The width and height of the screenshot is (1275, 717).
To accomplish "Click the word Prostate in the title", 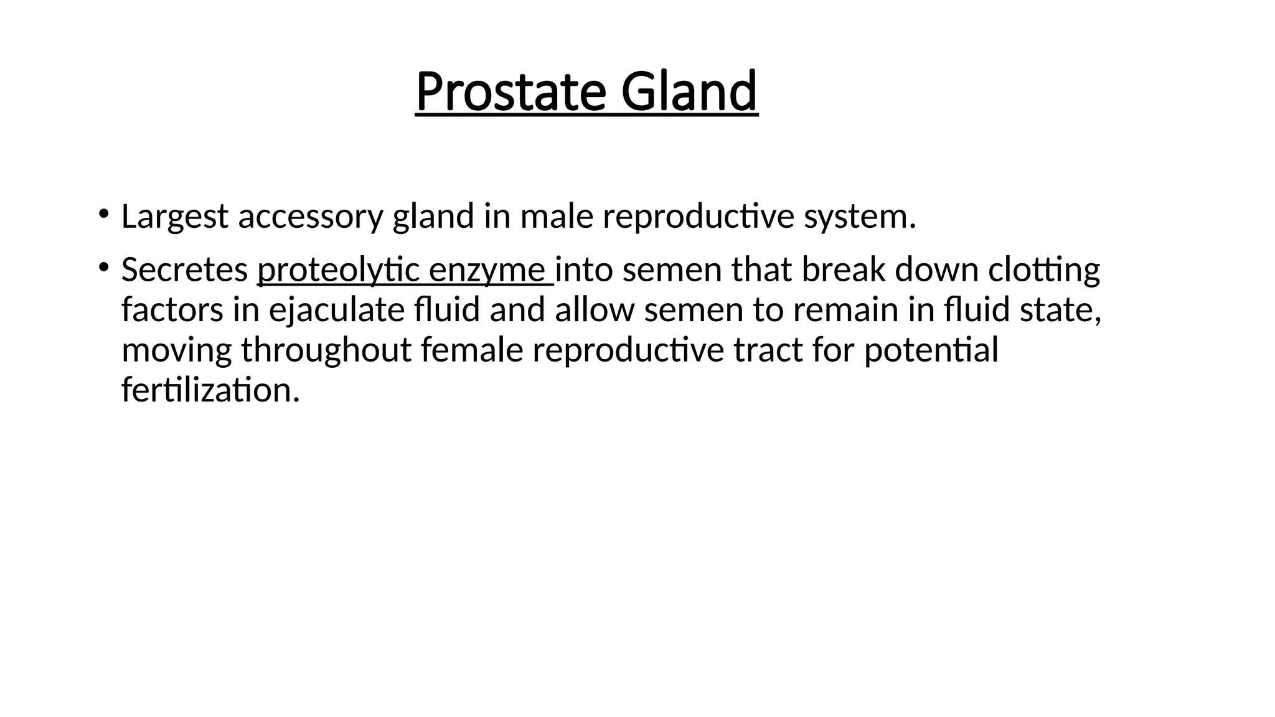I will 510,92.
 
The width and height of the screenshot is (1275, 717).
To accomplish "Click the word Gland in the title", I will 689,92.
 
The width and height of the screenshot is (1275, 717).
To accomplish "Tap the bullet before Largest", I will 103,214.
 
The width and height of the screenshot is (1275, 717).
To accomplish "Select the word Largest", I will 174,217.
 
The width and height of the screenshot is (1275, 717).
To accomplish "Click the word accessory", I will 310,217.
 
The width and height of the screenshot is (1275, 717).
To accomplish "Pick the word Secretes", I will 184,271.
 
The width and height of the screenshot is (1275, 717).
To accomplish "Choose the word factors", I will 172,310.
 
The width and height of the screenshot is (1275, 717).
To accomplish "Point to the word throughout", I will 326,350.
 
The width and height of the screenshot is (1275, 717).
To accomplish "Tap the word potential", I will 930,350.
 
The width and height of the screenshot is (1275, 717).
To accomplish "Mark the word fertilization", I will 210,390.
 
